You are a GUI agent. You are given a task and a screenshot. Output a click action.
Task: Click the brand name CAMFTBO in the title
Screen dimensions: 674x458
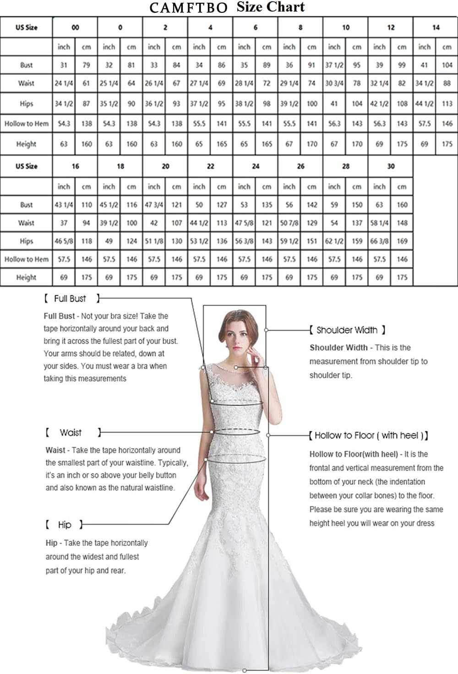pyautogui.click(x=188, y=8)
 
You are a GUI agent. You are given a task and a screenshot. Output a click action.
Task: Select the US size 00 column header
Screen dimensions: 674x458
pyautogui.click(x=75, y=27)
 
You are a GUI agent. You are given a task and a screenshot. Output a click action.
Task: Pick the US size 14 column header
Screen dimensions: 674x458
pyautogui.click(x=436, y=27)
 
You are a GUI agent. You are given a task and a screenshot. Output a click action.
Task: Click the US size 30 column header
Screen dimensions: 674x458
pyautogui.click(x=391, y=166)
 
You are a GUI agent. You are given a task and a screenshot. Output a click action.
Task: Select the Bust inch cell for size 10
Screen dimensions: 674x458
pyautogui.click(x=334, y=65)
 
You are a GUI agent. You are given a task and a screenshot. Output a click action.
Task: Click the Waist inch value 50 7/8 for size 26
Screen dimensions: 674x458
pyautogui.click(x=289, y=223)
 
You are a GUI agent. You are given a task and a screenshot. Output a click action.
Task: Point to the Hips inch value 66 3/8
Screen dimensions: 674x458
pyautogui.click(x=379, y=241)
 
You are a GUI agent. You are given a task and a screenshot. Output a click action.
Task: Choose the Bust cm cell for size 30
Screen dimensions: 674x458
pyautogui.click(x=402, y=205)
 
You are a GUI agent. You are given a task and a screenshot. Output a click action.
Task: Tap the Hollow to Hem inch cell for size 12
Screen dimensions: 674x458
pyautogui.click(x=379, y=124)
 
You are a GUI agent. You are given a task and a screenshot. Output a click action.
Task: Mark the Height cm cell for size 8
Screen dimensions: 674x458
pyautogui.click(x=312, y=144)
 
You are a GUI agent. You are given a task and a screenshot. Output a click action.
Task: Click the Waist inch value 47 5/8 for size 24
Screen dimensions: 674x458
pyautogui.click(x=244, y=223)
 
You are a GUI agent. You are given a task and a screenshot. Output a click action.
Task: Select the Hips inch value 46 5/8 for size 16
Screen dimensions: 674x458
pyautogui.click(x=64, y=241)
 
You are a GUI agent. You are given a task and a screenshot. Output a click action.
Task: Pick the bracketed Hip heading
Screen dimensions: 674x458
pyautogui.click(x=65, y=525)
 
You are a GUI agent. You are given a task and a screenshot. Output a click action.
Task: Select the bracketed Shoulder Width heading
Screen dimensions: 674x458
pyautogui.click(x=347, y=330)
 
